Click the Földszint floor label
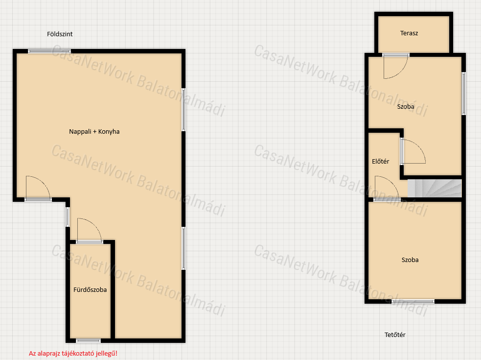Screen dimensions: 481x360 (60, 34)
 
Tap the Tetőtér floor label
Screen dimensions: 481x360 (395, 335)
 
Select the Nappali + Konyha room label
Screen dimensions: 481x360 (94, 131)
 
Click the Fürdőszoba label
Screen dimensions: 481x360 (90, 289)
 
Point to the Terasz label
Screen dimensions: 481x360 (409, 33)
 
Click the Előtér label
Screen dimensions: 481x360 (380, 161)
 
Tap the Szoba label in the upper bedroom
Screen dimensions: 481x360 (406, 107)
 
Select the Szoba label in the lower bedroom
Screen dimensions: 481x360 (410, 260)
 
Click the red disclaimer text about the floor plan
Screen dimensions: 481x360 (73, 354)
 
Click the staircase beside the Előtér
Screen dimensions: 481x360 (435, 188)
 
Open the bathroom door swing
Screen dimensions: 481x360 (89, 230)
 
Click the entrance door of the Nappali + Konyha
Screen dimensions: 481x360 (38, 189)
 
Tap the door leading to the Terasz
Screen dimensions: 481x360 (396, 66)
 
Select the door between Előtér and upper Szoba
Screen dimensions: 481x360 (413, 151)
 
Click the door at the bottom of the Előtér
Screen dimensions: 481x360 (387, 189)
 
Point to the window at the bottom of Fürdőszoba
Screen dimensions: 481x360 (89, 340)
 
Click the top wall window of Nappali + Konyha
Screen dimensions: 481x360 (49, 51)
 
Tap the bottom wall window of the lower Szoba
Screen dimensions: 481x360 (413, 301)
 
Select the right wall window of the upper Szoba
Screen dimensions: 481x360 (464, 94)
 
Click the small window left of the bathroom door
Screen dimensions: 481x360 (68, 217)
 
